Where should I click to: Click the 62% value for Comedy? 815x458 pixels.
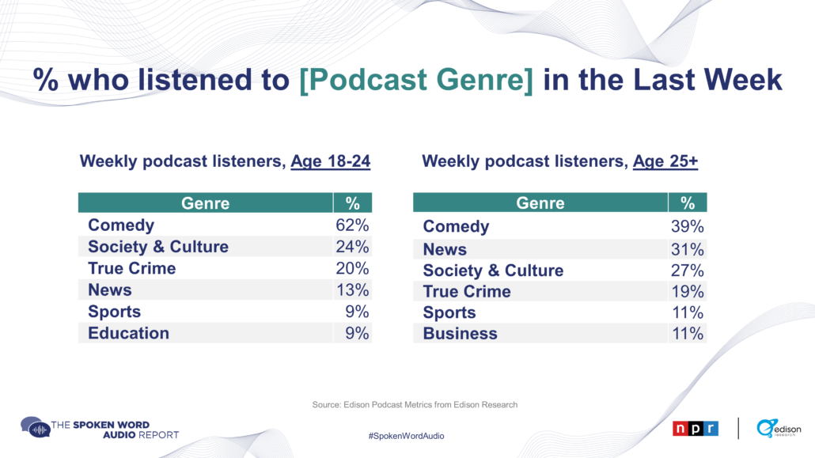(352, 225)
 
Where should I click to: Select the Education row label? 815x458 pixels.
(128, 333)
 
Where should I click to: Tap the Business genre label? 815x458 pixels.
(460, 333)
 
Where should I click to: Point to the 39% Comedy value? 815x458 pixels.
(687, 226)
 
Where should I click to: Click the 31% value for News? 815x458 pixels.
(687, 249)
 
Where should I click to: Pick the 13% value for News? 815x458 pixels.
(352, 290)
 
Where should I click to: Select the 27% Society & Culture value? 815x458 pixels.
(687, 271)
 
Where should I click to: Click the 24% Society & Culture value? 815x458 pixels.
(352, 247)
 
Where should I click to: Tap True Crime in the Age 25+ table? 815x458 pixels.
(467, 292)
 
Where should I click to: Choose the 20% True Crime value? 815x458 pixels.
(352, 268)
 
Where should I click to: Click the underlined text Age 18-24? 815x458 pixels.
(331, 161)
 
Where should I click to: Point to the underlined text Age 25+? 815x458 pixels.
(665, 161)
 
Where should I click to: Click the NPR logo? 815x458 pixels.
(696, 429)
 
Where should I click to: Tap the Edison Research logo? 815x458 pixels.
(779, 429)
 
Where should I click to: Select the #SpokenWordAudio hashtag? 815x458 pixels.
(407, 436)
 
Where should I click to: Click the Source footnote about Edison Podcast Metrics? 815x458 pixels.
(415, 404)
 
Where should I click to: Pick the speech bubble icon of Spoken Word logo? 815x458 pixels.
(35, 427)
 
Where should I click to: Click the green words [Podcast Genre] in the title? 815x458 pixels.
(416, 80)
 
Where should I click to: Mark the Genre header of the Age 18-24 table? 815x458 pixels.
(205, 203)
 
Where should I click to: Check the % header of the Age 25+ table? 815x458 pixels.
(688, 203)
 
